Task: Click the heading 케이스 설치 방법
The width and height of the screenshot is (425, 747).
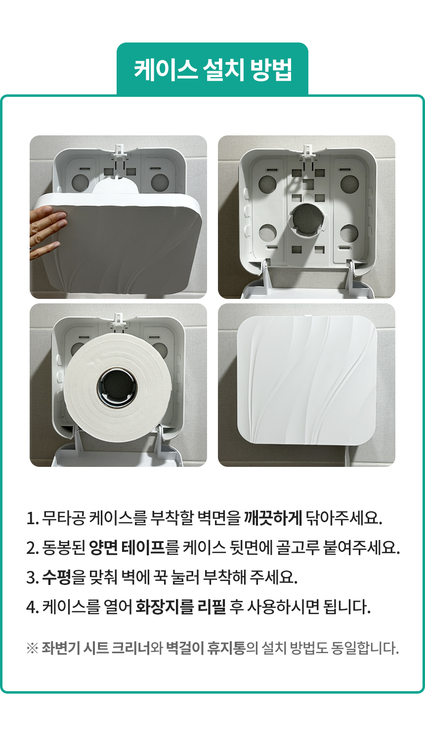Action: point(212,69)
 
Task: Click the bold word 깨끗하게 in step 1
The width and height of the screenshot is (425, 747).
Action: point(272,518)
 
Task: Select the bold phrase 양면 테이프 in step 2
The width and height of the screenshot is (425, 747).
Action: point(127,547)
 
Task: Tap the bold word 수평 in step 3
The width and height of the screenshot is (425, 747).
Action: point(56,577)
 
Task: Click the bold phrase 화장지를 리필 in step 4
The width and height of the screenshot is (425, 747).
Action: point(180,606)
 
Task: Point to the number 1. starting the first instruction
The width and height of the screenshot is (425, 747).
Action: point(32,518)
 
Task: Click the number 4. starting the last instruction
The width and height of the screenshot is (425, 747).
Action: point(33,607)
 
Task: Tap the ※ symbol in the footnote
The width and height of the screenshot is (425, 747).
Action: point(32,648)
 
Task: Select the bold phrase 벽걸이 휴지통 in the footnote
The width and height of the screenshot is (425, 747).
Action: point(205,648)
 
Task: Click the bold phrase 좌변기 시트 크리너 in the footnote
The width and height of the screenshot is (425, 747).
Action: point(96,648)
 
